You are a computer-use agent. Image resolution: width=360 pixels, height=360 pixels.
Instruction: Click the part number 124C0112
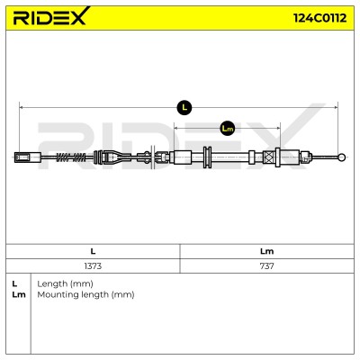tap(319, 18)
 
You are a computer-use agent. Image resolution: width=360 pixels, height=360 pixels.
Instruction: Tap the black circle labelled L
tap(184, 107)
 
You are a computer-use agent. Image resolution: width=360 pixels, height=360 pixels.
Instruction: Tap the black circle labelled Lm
tap(227, 129)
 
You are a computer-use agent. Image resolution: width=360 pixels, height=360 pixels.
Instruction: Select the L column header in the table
tap(93, 251)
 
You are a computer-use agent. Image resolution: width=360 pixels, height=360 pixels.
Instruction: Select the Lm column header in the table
tap(266, 251)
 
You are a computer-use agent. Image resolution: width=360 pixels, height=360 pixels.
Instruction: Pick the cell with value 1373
tap(93, 265)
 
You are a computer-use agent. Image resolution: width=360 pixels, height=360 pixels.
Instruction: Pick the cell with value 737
tap(266, 265)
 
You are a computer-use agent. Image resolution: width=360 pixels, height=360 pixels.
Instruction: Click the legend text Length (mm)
tap(65, 283)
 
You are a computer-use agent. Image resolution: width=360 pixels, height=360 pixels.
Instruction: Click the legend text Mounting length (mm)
tap(85, 294)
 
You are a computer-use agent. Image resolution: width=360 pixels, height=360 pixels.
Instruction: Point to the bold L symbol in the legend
tap(14, 283)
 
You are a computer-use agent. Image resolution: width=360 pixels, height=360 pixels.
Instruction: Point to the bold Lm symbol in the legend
tap(19, 294)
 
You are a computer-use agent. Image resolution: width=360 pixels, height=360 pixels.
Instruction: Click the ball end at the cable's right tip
tap(341, 157)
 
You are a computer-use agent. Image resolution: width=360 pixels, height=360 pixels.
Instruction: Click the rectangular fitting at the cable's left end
tap(28, 157)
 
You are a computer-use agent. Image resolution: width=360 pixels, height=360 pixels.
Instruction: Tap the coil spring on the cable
tap(71, 157)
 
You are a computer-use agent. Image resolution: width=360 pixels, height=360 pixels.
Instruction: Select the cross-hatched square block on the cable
tap(269, 157)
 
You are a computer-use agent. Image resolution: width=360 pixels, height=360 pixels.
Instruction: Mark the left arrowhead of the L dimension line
tap(21, 107)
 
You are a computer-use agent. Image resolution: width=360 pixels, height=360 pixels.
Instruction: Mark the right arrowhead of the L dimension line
tap(336, 107)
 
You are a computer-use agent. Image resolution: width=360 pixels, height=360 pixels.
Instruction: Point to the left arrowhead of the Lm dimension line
tap(176, 129)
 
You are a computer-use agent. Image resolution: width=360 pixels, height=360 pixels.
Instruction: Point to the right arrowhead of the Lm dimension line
tap(278, 129)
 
